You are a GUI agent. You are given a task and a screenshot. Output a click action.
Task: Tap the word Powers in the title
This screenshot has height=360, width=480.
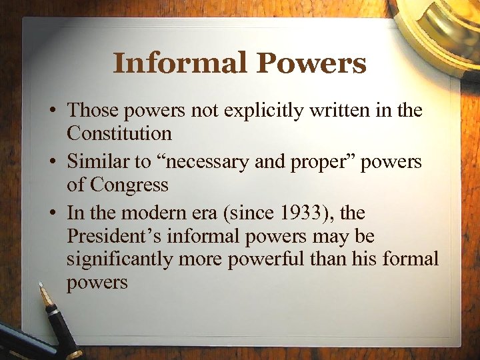pos(312,63)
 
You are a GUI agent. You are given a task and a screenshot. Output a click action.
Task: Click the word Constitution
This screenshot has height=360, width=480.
pos(119,133)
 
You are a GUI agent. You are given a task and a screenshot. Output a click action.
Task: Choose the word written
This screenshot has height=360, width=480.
pos(330,110)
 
